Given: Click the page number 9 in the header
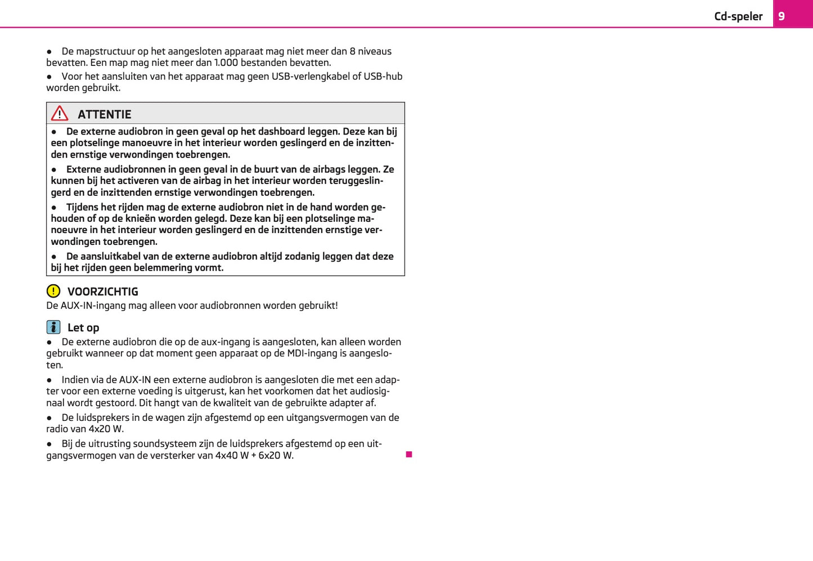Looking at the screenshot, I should [x=781, y=16].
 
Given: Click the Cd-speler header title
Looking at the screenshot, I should [x=738, y=16].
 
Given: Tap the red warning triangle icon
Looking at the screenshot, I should [x=60, y=114].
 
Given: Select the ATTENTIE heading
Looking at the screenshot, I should [x=104, y=114].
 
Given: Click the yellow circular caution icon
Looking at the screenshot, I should [x=53, y=291].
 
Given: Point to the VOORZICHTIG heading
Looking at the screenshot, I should [x=102, y=291].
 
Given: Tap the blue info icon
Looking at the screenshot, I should [x=53, y=327].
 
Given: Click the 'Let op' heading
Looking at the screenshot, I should [x=83, y=327].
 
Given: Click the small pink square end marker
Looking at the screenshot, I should [x=409, y=454].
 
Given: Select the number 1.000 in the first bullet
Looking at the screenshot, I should [x=226, y=62].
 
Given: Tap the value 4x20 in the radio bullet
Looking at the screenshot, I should [x=100, y=429].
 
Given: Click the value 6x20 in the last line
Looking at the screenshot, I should [x=269, y=455].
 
